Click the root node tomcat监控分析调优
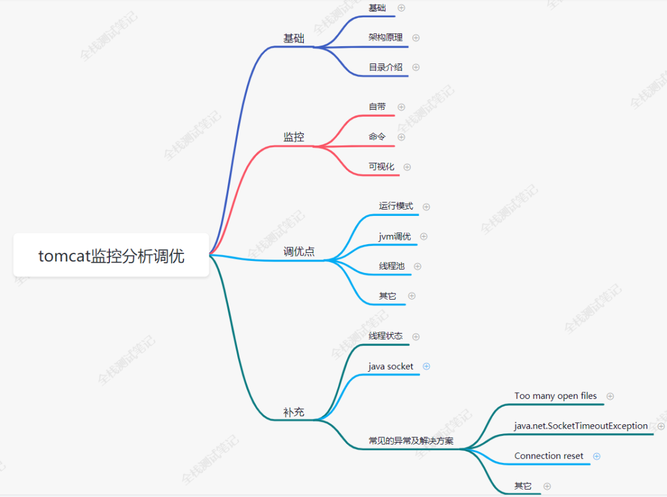111,256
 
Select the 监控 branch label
294,137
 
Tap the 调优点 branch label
299,252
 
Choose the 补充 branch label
294,413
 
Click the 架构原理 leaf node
385,38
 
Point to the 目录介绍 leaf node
385,67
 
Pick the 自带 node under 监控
377,107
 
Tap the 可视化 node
381,166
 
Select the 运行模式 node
396,206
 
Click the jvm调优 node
395,236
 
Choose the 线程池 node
392,266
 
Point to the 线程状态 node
385,336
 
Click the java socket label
391,366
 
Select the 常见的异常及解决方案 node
411,441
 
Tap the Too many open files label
556,396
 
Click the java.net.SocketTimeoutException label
581,426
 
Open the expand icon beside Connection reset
597,456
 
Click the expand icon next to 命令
401,137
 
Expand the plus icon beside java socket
426,366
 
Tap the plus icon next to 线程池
417,266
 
